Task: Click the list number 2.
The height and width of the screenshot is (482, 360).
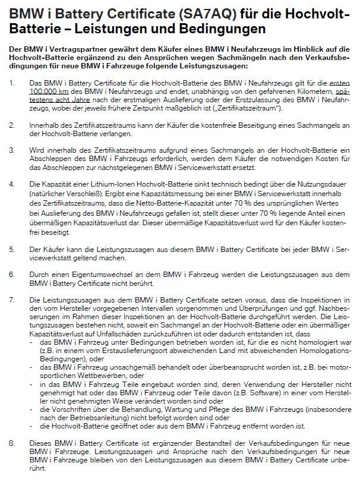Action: [11, 127]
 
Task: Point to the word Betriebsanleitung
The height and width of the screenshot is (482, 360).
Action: [84, 417]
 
